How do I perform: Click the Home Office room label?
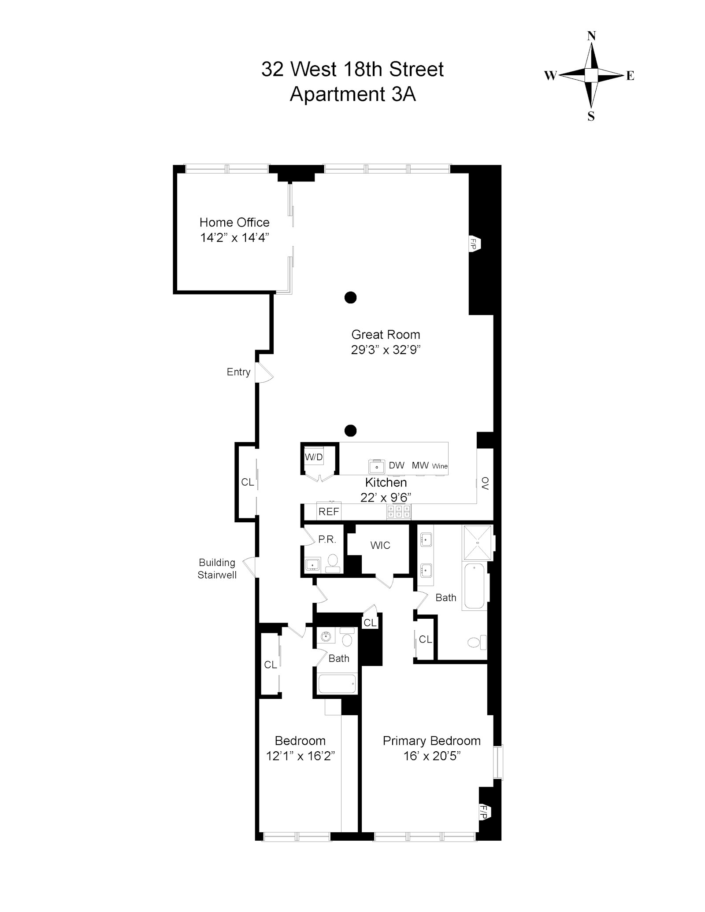point(234,222)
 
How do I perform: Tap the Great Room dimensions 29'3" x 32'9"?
point(386,350)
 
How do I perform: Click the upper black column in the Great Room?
point(350,298)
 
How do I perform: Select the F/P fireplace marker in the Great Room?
point(474,244)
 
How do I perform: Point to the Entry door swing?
point(264,373)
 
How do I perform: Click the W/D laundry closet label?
point(314,457)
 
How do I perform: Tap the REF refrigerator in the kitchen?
point(329,512)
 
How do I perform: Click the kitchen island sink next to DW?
point(376,466)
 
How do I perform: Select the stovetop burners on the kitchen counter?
point(399,511)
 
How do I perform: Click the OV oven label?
point(485,483)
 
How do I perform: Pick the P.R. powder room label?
point(327,539)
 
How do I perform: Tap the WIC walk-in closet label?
point(380,546)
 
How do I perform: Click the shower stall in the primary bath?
point(477,543)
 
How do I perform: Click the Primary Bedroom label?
point(431,741)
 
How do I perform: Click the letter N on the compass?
point(591,36)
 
